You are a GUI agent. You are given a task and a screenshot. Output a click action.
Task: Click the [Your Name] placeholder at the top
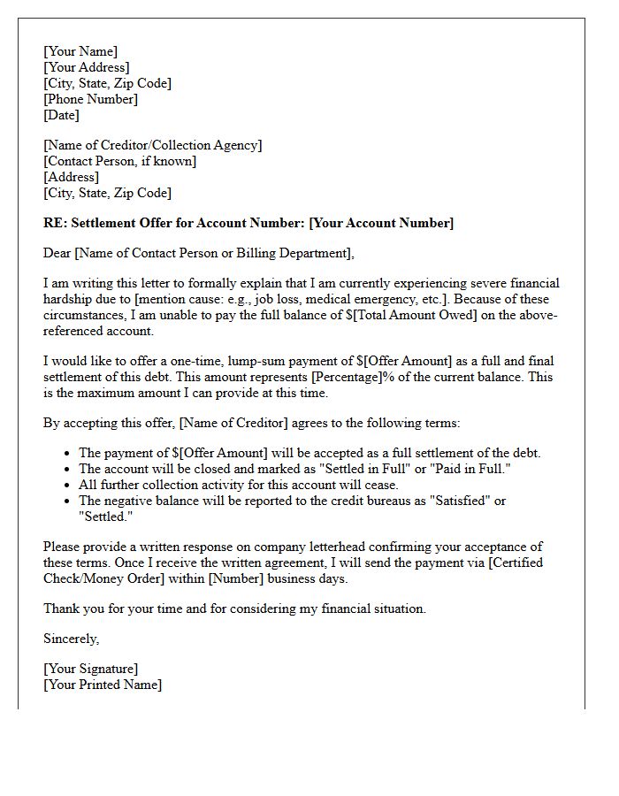click(80, 51)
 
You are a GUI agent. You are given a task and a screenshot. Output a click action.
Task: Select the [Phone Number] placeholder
click(90, 99)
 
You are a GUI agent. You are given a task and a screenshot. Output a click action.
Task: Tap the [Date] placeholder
click(61, 115)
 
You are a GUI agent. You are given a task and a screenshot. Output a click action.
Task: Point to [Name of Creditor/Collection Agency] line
click(152, 145)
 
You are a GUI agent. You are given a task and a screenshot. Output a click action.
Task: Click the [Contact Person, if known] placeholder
click(119, 161)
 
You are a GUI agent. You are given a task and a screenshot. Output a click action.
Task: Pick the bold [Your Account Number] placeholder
click(381, 223)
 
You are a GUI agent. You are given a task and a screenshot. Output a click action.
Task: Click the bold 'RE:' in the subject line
click(55, 223)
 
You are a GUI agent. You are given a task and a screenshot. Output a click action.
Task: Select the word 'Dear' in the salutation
click(57, 254)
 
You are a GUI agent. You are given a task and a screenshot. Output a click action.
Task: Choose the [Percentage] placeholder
click(348, 378)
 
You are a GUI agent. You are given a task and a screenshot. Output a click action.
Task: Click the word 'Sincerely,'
click(72, 639)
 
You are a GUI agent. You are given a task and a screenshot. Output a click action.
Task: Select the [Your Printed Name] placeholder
click(103, 685)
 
